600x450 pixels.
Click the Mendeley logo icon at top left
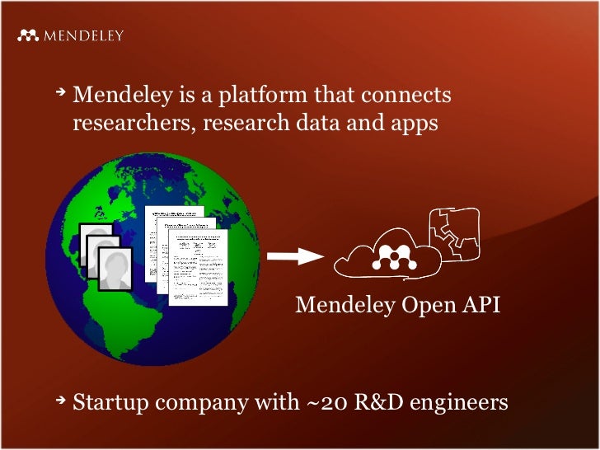tap(29, 35)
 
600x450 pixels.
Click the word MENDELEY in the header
tap(83, 35)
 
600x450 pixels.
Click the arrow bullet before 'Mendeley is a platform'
tap(60, 95)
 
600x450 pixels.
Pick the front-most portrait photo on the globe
tap(114, 269)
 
